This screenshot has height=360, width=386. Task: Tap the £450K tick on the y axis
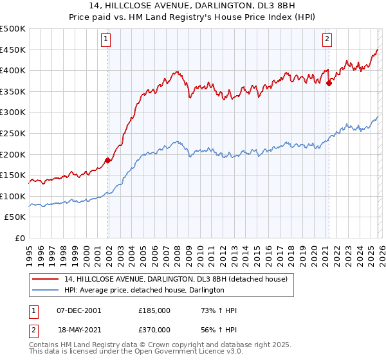(13, 50)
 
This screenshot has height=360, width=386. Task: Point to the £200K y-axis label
(13, 154)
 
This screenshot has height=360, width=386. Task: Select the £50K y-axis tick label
(15, 217)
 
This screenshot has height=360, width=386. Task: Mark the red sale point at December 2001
(107, 161)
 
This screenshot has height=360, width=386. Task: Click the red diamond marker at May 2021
(329, 82)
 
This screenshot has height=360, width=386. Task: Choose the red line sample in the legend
(46, 278)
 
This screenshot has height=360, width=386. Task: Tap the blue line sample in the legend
(46, 290)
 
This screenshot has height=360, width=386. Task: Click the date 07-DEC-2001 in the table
(78, 310)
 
